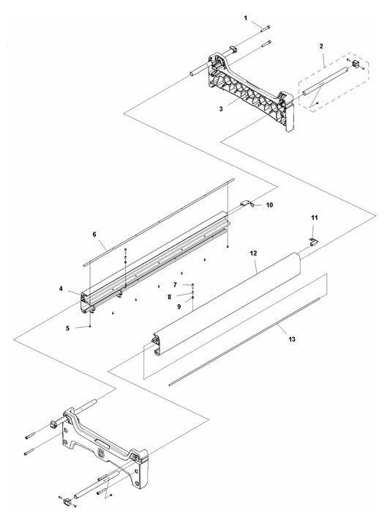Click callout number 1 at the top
246,18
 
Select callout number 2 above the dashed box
321,46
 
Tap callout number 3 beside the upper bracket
221,109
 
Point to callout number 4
61,289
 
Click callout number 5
68,328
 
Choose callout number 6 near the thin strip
94,235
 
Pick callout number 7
175,285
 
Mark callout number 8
170,296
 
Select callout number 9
179,306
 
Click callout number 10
269,205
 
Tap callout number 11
315,218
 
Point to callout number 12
254,254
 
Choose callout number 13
292,339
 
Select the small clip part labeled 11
314,243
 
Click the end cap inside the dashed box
356,64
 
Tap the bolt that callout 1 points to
266,28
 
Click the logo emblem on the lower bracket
100,453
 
